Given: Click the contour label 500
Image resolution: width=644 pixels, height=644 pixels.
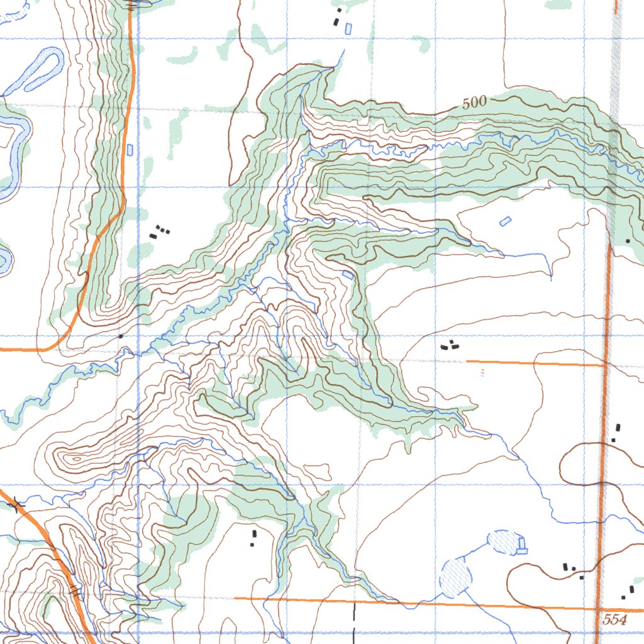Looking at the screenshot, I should [x=475, y=104].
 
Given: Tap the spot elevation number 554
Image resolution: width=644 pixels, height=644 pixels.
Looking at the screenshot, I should [x=614, y=619].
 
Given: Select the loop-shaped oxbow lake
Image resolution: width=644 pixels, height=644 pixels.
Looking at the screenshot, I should [x=42, y=67].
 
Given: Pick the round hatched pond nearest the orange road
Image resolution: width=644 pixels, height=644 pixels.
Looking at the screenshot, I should [x=455, y=577].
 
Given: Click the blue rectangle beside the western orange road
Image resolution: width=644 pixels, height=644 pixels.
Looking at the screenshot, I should [x=130, y=150].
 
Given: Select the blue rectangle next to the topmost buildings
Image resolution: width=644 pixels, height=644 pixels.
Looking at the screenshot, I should [x=348, y=28].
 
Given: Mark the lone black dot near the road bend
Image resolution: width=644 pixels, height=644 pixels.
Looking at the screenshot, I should [x=120, y=336].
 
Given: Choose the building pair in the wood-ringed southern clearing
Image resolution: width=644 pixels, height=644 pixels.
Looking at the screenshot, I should [x=253, y=538].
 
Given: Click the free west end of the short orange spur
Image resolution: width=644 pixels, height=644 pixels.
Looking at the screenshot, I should [x=467, y=361].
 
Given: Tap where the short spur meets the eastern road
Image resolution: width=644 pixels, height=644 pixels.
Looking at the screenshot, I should [x=606, y=364].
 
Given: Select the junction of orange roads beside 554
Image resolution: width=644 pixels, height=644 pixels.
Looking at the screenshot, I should [x=598, y=609].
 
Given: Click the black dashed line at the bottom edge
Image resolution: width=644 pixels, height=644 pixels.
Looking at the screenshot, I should [x=354, y=619].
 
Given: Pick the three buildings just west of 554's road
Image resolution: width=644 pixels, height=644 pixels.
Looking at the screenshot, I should [x=573, y=570].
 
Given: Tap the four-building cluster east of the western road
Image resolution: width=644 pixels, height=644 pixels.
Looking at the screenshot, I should [x=160, y=232].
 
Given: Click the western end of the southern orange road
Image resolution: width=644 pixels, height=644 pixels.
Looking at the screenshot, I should [x=235, y=598].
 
